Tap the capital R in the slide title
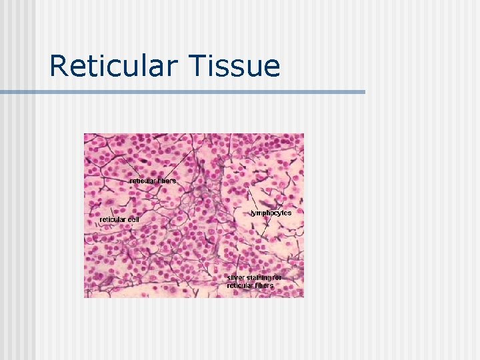coord(59,67)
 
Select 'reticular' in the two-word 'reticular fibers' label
coord(142,181)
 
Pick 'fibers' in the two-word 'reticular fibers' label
coord(166,181)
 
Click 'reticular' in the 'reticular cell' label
coord(113,219)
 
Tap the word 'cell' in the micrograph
coord(133,219)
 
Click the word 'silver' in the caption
coord(235,277)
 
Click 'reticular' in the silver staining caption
coord(240,285)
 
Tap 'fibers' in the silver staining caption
coord(264,285)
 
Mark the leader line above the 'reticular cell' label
coord(112,211)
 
